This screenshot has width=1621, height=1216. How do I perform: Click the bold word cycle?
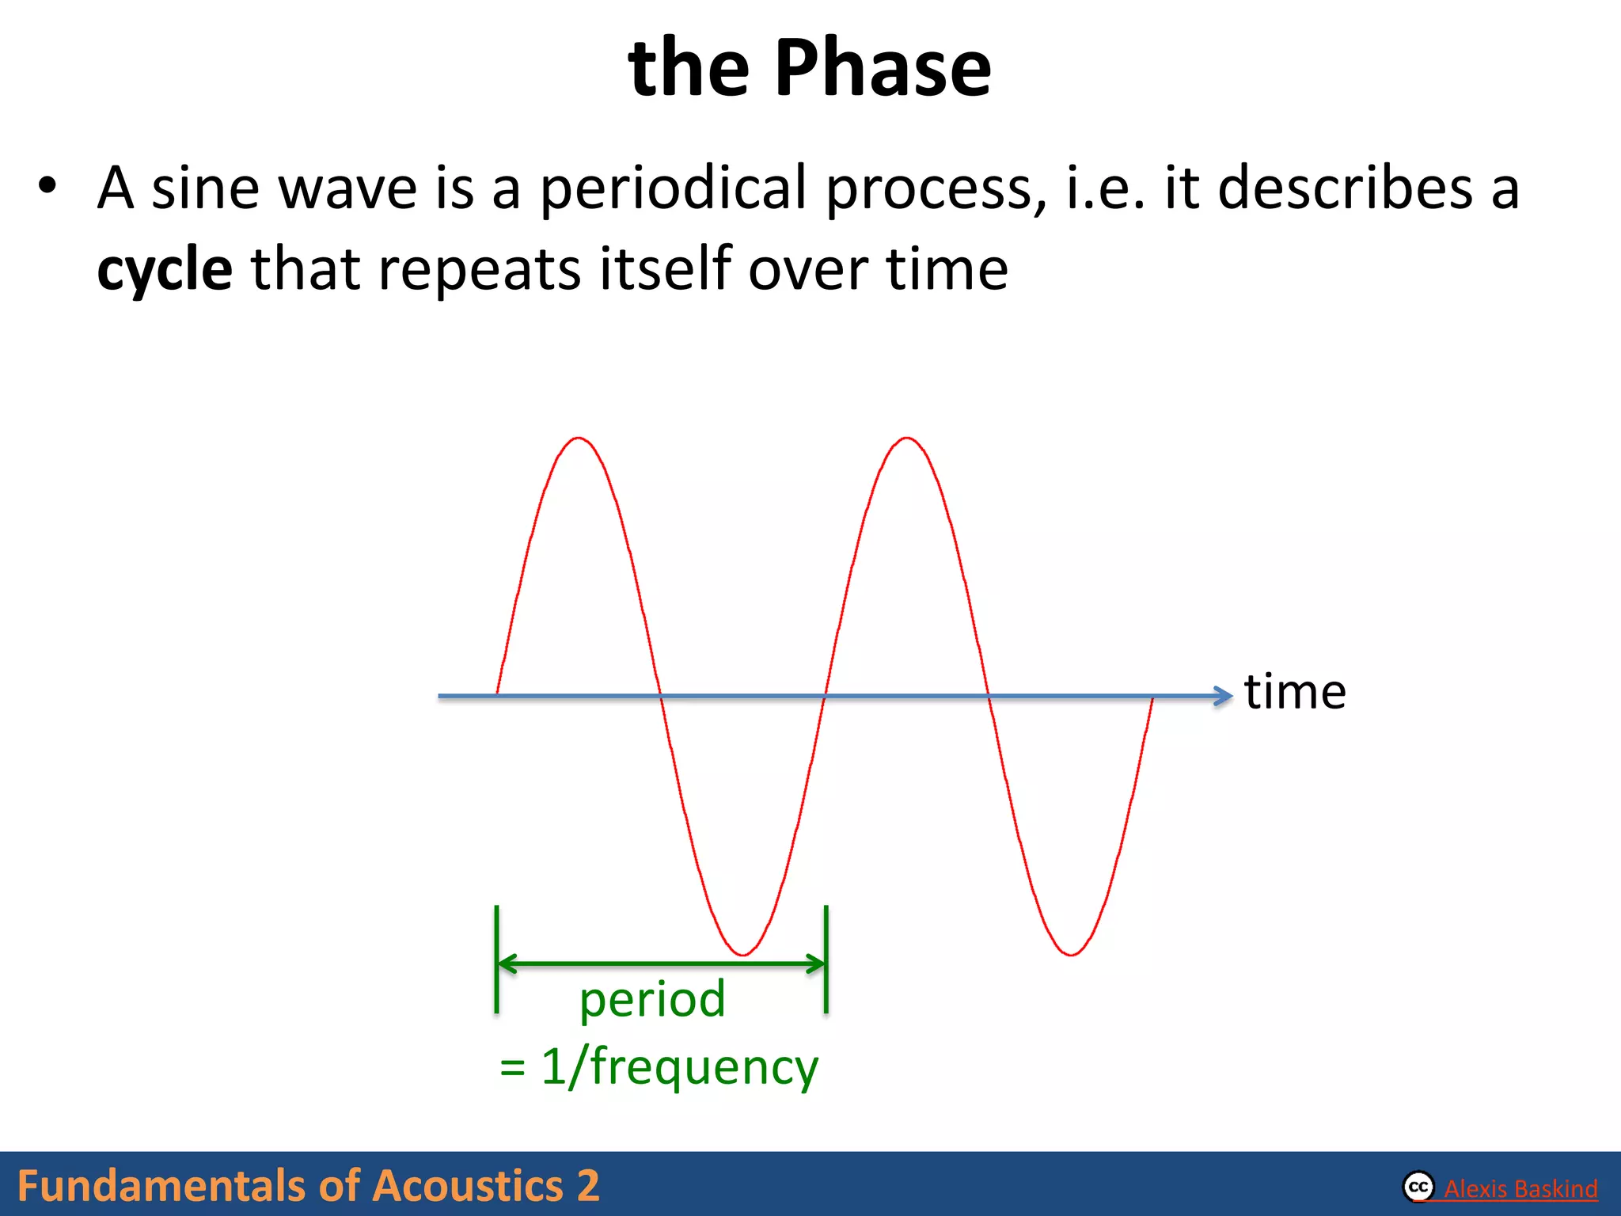click(165, 271)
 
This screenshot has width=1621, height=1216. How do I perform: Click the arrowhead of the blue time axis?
click(1224, 696)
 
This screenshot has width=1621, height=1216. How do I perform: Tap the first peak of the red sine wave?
click(579, 439)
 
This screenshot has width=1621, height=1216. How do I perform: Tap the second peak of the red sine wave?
click(907, 439)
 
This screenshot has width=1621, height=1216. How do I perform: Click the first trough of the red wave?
click(742, 954)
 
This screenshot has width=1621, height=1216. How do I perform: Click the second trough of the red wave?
click(1071, 954)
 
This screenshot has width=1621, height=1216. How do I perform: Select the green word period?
click(652, 999)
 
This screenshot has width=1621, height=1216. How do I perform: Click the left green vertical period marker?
click(497, 959)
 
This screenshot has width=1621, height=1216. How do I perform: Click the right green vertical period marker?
click(826, 959)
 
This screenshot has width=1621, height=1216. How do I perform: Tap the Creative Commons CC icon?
click(1418, 1187)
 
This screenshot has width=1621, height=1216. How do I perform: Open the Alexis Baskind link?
click(1520, 1188)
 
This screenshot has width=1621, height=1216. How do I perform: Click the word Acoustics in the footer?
click(467, 1186)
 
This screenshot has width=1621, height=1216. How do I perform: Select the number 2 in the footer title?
click(588, 1186)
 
